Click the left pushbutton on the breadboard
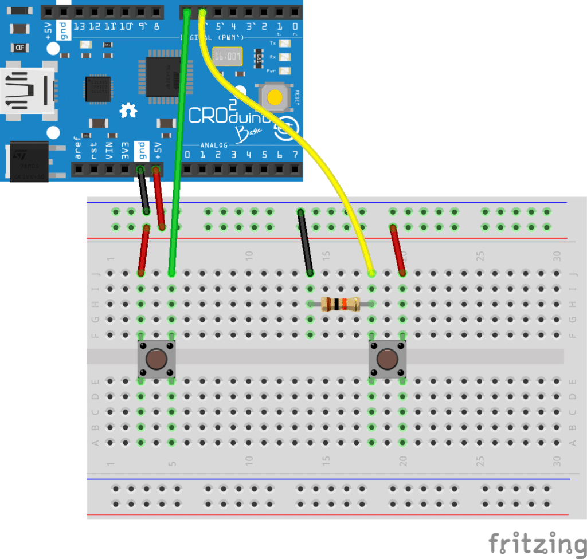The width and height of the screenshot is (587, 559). point(156,359)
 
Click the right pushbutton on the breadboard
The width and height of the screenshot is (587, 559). point(387,359)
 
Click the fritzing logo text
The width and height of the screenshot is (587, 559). point(537,542)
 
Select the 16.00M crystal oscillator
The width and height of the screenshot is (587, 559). point(227,57)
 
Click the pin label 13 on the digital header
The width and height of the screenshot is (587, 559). point(79,27)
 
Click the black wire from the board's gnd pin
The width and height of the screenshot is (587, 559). point(143,192)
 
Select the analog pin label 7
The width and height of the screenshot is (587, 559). point(295,155)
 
